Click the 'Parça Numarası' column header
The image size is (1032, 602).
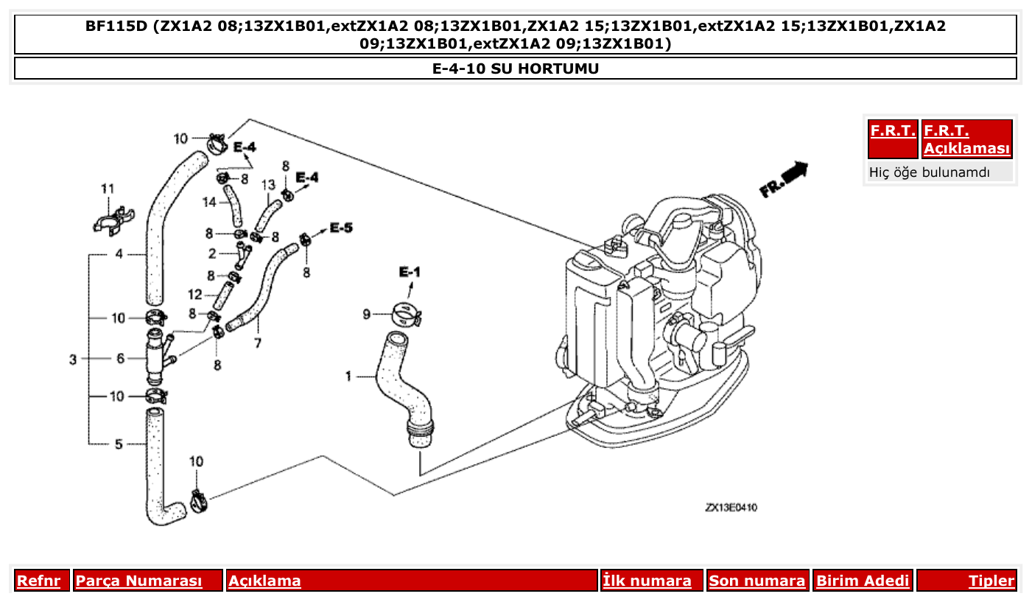pyautogui.click(x=139, y=581)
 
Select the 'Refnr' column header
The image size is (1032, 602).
pyautogui.click(x=38, y=581)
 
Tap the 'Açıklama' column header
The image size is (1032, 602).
pyautogui.click(x=264, y=581)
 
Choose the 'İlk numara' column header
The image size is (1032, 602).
pyautogui.click(x=647, y=581)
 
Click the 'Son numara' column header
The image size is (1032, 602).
pyautogui.click(x=757, y=581)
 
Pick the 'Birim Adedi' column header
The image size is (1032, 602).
pyautogui.click(x=863, y=581)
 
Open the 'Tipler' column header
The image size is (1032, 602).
pyautogui.click(x=991, y=581)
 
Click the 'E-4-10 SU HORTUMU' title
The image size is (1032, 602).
pyautogui.click(x=516, y=69)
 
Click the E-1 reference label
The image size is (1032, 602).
pyautogui.click(x=410, y=273)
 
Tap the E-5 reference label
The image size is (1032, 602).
pyautogui.click(x=340, y=228)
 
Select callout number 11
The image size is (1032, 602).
pyautogui.click(x=108, y=189)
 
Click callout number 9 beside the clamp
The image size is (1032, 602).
pyautogui.click(x=366, y=315)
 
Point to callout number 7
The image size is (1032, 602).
pyautogui.click(x=258, y=343)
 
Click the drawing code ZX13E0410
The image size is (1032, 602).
pyautogui.click(x=731, y=508)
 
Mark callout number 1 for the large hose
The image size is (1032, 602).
pyautogui.click(x=348, y=377)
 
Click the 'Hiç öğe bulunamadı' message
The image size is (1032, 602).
pyautogui.click(x=930, y=172)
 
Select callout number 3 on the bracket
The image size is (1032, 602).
pyautogui.click(x=73, y=360)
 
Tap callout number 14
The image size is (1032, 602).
pyautogui.click(x=209, y=201)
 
